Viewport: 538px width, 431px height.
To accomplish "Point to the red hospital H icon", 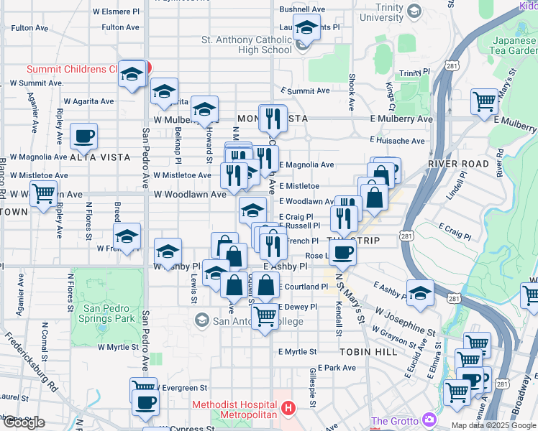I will coord(288,409).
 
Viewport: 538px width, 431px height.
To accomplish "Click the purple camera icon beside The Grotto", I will coord(429,420).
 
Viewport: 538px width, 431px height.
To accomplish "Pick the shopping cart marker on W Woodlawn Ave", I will coord(45,193).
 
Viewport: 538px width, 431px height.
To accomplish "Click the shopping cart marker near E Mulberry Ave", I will coord(484,101).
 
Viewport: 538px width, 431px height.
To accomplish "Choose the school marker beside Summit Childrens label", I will coord(132,74).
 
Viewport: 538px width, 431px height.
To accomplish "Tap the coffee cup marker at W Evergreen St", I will coord(146,402).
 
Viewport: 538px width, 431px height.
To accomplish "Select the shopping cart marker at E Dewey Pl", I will coord(265,315).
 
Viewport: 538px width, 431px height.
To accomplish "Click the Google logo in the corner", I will coord(24,422).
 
